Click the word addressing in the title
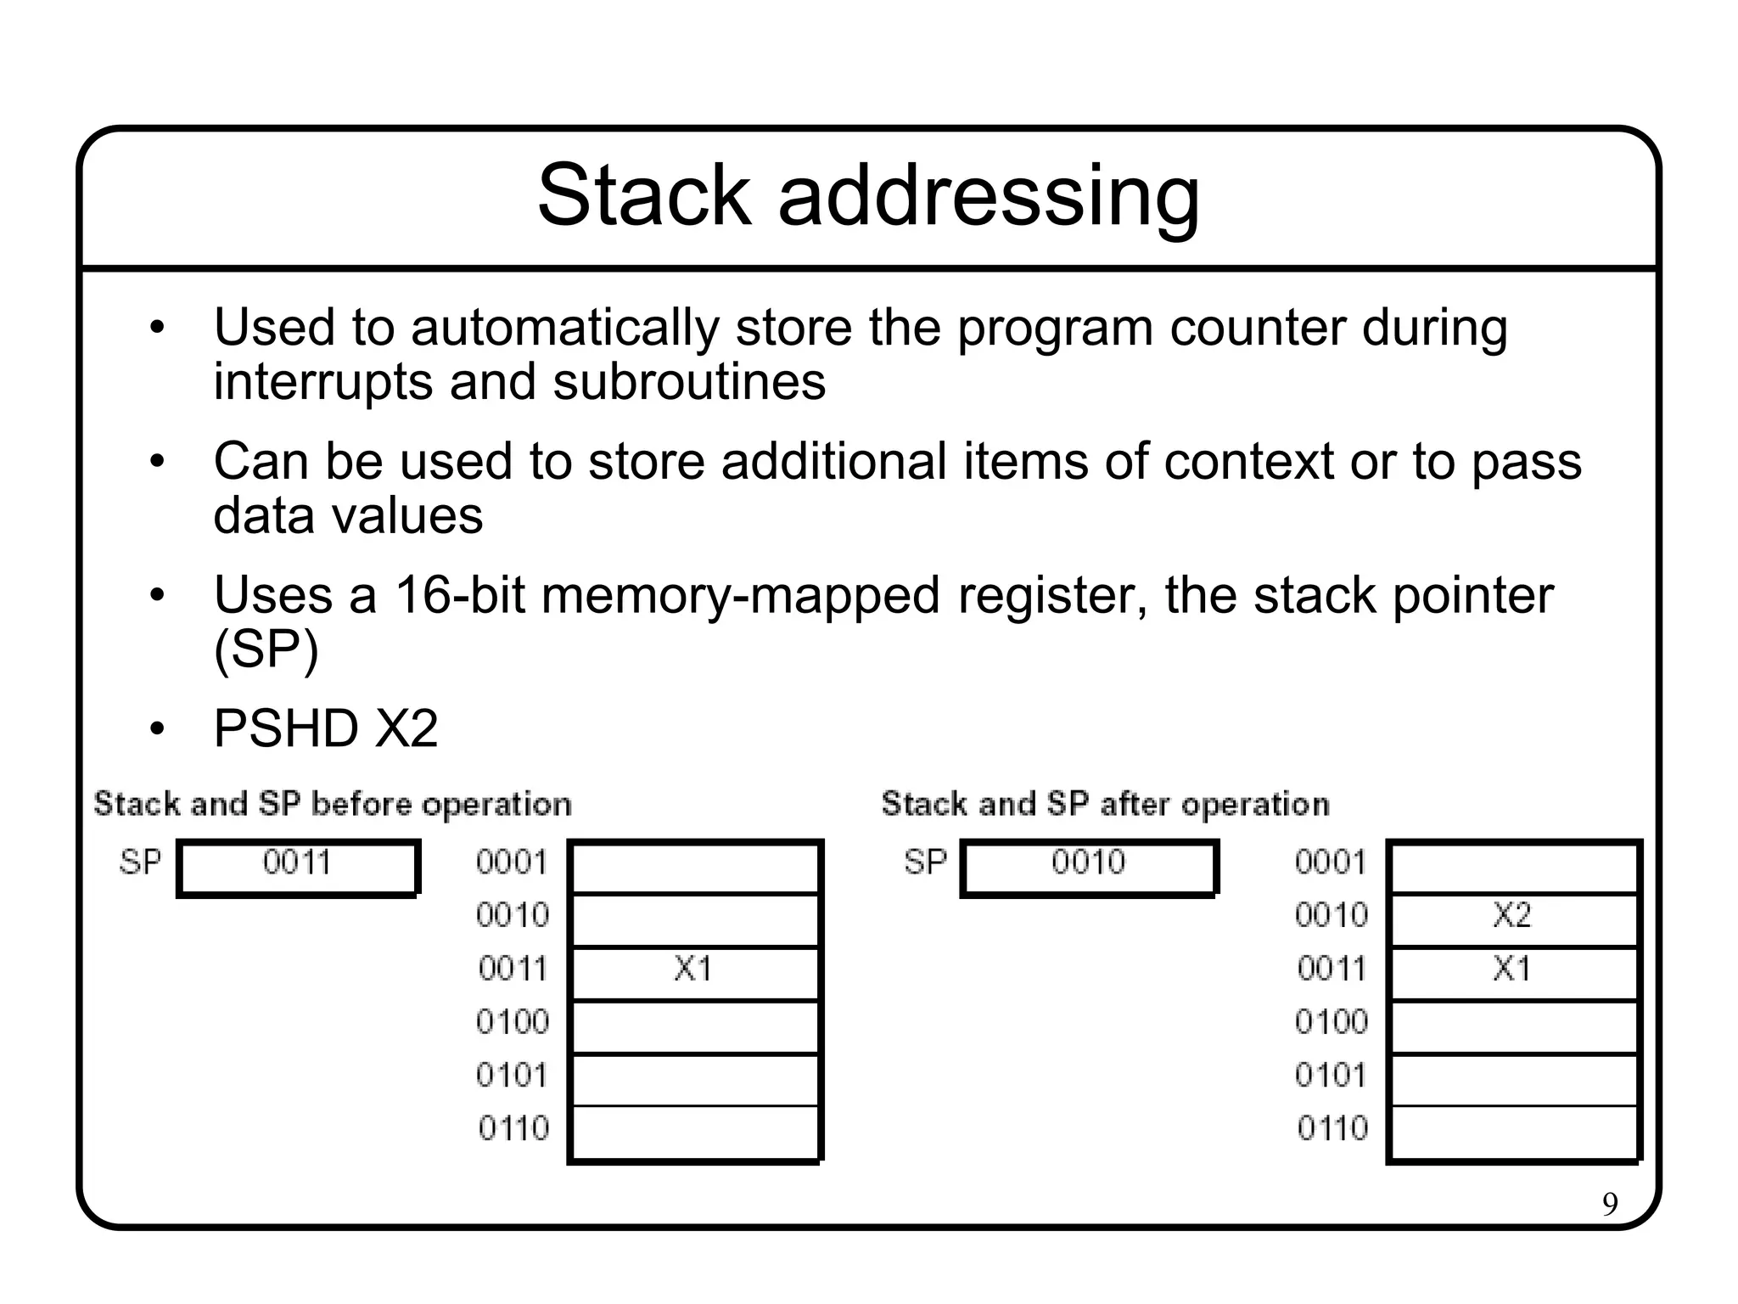989,197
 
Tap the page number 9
1610,1205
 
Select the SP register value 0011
297,863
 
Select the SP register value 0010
1088,863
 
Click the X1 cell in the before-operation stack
693,969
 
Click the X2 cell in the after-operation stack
1512,915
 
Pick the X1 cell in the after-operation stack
1512,969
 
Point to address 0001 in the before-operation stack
512,863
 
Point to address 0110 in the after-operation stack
1332,1128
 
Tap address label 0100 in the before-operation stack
513,1021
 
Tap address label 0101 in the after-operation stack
1331,1076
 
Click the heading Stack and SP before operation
333,804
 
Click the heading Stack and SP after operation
1105,804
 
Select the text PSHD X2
326,728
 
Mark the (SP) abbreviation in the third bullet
266,650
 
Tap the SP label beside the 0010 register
925,863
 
